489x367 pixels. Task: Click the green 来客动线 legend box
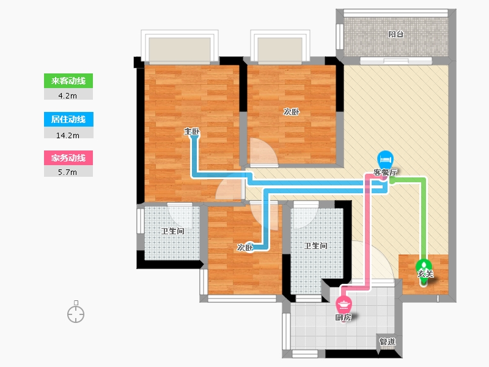[68, 81]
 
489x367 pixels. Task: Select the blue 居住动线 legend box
[68, 119]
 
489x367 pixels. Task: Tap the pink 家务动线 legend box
[68, 158]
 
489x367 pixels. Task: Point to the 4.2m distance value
[68, 96]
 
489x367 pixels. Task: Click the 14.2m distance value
[68, 135]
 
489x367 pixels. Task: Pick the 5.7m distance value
[68, 172]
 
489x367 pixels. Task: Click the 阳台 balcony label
[395, 34]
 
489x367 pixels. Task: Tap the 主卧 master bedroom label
[191, 132]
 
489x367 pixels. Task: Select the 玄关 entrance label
[425, 273]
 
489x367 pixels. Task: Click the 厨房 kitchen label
[344, 317]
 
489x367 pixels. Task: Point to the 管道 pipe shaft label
[388, 341]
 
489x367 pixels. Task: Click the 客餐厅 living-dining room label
[386, 172]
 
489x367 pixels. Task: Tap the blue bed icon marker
[385, 160]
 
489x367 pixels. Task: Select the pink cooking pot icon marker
[344, 303]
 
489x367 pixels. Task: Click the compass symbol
[76, 313]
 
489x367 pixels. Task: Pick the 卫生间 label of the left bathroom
[172, 231]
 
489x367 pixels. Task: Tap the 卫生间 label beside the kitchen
[315, 246]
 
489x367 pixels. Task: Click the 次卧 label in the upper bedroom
[292, 112]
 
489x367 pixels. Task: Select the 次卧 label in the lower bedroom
[245, 248]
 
